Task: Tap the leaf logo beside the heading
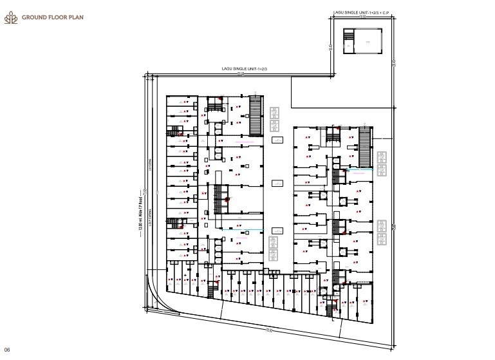pyautogui.click(x=11, y=17)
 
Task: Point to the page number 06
pyautogui.click(x=8, y=348)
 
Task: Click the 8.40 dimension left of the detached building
pyautogui.click(x=330, y=47)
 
